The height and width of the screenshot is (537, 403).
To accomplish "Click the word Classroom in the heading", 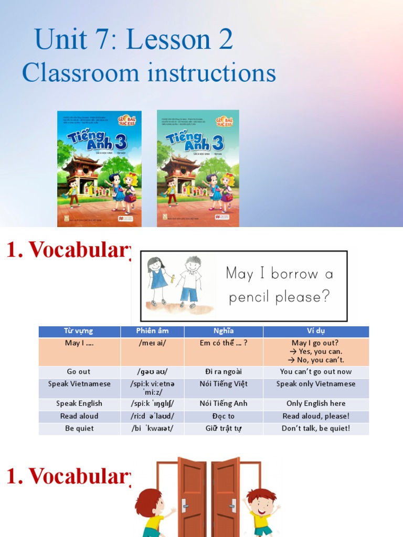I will coord(80,73).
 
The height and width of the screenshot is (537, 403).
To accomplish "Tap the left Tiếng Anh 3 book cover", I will coord(99,168).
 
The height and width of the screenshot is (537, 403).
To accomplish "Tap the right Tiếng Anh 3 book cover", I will coord(198,168).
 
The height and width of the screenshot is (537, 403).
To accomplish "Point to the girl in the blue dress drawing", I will coord(157,278).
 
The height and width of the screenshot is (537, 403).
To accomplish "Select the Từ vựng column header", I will coord(79,331).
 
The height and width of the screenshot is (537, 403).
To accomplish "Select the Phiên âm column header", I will coord(152,331).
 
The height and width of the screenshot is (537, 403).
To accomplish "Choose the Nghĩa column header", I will coord(223,331).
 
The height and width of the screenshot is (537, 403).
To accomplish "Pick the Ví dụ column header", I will coord(316,331).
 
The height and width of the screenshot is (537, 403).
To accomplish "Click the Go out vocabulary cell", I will coord(79,372).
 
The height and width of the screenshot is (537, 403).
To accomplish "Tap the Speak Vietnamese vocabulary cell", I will coord(79,384).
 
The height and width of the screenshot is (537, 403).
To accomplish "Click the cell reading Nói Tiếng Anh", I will coord(223,404).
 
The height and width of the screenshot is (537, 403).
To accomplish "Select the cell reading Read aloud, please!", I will coord(316,416).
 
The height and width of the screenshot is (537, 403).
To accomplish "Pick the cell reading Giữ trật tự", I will coord(223,428).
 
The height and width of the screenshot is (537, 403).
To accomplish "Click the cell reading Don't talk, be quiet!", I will coord(316,428).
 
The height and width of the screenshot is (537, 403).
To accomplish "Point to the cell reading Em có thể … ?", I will coord(223,343).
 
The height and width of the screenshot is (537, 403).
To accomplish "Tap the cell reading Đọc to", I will coord(223,416).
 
